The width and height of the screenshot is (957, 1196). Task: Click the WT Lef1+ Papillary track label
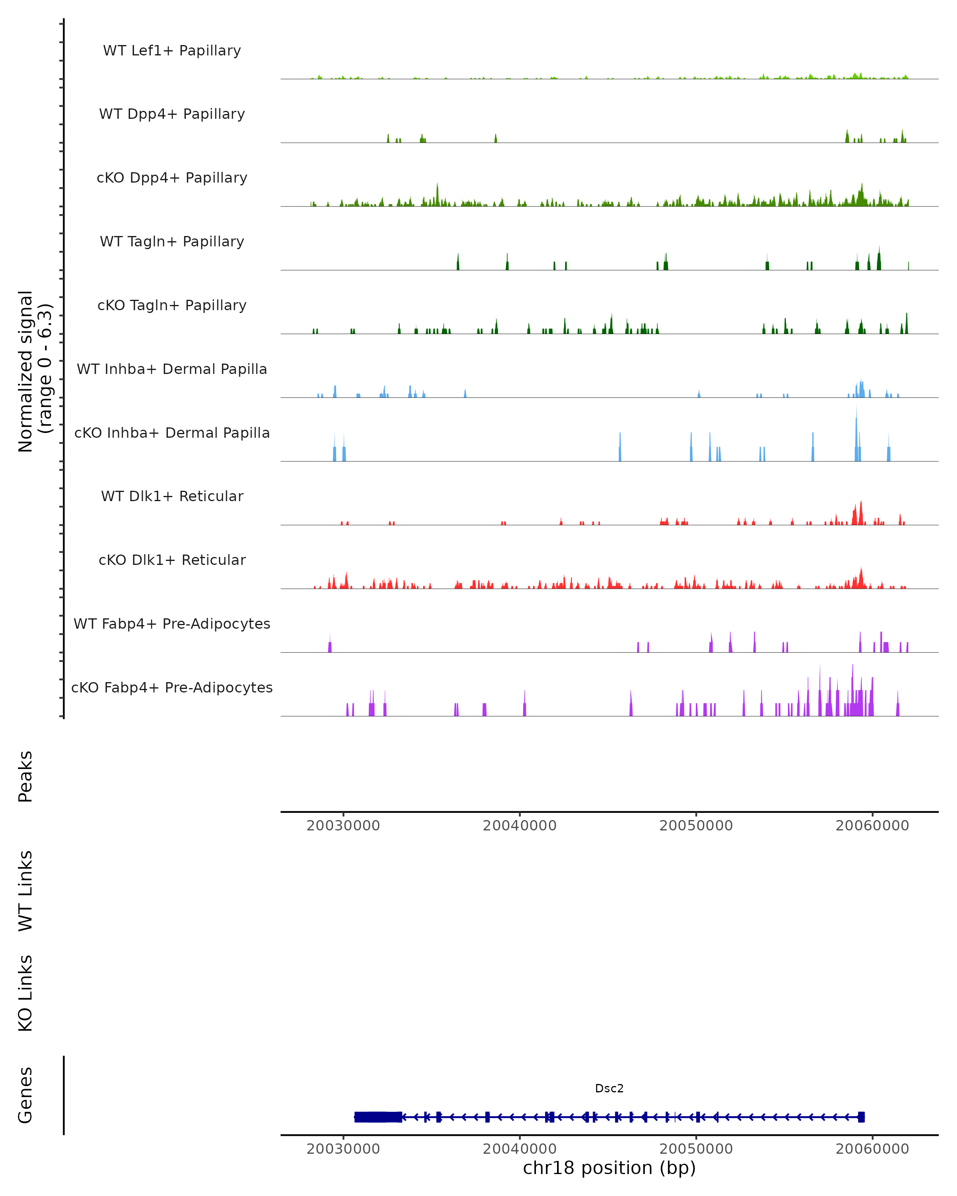(172, 51)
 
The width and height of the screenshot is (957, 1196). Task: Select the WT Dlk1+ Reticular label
(172, 496)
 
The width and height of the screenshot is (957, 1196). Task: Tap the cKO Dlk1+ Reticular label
(172, 560)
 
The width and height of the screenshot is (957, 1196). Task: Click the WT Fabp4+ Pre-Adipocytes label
(172, 624)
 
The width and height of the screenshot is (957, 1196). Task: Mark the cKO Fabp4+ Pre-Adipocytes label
(172, 687)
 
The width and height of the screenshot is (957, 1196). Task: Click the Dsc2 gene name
(609, 1088)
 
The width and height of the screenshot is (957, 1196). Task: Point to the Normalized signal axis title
(34, 371)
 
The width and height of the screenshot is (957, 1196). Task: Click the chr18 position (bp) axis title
(609, 1168)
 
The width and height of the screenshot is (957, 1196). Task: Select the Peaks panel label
(26, 777)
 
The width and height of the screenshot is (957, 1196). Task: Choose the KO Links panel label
(26, 993)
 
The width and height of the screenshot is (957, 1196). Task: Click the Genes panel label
(26, 1095)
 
